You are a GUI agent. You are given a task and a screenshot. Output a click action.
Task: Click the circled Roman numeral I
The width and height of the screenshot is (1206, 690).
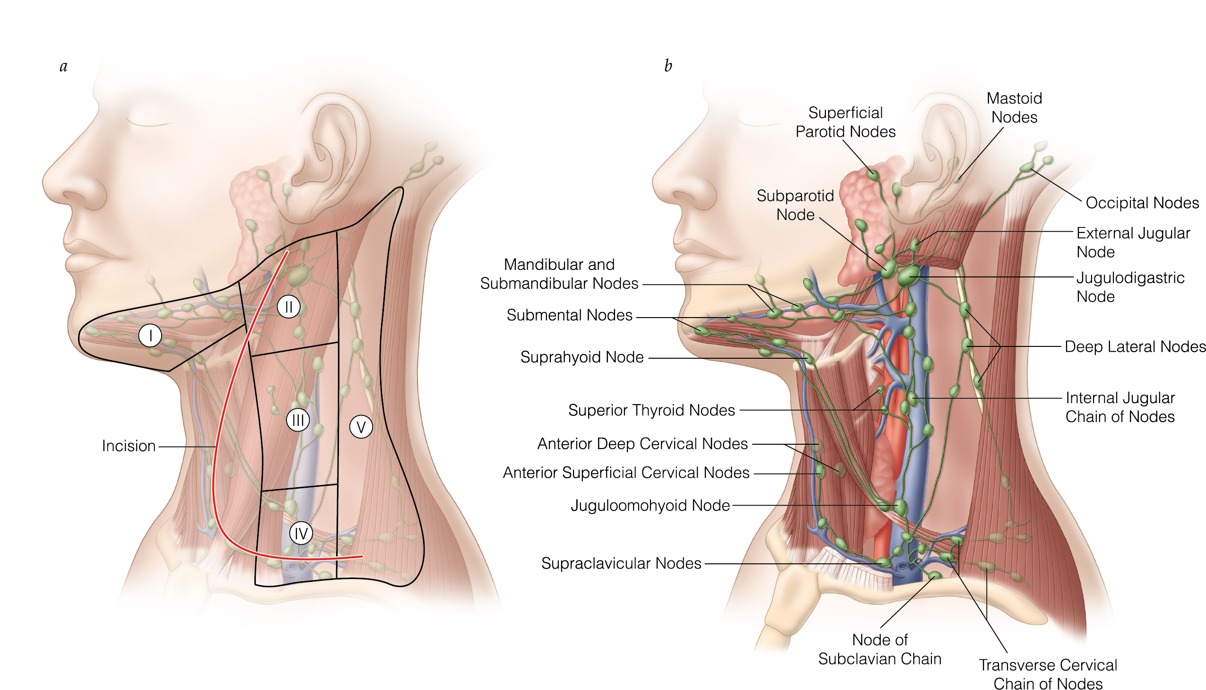coord(150,336)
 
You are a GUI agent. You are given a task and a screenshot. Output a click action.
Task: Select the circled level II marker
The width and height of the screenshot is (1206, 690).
coord(288,307)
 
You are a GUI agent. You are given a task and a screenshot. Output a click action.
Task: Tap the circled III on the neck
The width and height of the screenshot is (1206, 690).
coord(298,420)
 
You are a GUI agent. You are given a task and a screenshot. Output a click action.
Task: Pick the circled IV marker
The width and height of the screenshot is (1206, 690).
coord(301,534)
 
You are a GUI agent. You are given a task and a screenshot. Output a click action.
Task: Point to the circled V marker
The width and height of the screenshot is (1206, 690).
coord(361,427)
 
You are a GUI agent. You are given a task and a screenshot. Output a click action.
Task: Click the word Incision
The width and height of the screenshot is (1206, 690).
coord(129,446)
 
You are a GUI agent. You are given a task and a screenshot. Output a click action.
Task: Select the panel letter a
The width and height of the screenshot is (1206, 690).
coord(63,66)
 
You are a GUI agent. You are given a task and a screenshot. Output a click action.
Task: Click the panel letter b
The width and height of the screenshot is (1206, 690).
coord(668,66)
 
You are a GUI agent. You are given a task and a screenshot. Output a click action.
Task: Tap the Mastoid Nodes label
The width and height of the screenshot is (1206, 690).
coord(1014,108)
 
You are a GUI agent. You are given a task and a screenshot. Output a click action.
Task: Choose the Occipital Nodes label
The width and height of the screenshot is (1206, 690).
coord(1142,203)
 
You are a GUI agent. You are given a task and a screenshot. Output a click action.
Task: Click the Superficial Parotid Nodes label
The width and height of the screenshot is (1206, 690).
coord(845,122)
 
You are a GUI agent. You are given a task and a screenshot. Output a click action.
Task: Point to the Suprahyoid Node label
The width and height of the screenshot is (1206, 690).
coord(581,357)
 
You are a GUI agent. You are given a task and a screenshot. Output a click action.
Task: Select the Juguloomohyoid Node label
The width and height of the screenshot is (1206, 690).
coord(650,505)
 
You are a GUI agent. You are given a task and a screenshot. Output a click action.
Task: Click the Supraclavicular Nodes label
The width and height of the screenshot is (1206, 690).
coord(621,563)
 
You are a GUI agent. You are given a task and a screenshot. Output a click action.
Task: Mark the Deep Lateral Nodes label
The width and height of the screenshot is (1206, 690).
coord(1135,346)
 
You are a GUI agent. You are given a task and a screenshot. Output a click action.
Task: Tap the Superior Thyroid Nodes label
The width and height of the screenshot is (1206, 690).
coord(651,410)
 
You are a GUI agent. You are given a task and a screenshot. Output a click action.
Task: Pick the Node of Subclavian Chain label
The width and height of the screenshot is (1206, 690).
coord(879,649)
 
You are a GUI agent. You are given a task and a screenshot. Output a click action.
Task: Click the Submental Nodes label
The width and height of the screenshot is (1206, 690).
coord(569,315)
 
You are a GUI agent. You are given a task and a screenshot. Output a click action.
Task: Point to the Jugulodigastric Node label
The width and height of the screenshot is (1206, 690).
coord(1130,287)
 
